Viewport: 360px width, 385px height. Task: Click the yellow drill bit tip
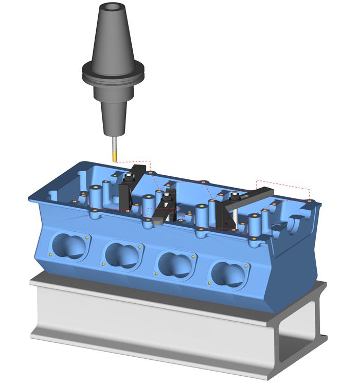click(x=114, y=154)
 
